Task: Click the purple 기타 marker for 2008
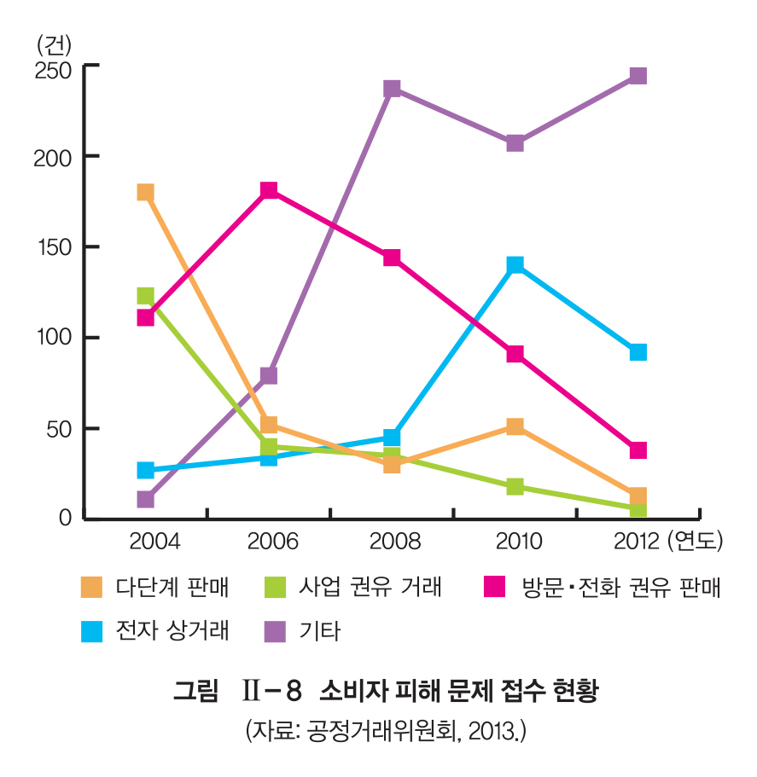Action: pyautogui.click(x=392, y=89)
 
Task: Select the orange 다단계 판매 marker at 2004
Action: pyautogui.click(x=146, y=193)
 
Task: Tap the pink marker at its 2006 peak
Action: pyautogui.click(x=269, y=190)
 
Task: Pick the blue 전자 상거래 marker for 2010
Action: pyautogui.click(x=515, y=265)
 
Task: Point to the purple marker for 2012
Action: pyautogui.click(x=638, y=76)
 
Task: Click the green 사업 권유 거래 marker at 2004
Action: pyautogui.click(x=146, y=296)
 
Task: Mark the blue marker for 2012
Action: pyautogui.click(x=638, y=352)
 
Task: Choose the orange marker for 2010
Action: pyautogui.click(x=515, y=426)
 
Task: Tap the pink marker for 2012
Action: pyautogui.click(x=638, y=450)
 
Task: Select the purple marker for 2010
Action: pyautogui.click(x=515, y=142)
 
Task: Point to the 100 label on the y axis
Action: pyautogui.click(x=53, y=337)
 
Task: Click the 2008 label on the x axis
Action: pyautogui.click(x=394, y=541)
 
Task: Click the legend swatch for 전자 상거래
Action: pyautogui.click(x=91, y=632)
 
